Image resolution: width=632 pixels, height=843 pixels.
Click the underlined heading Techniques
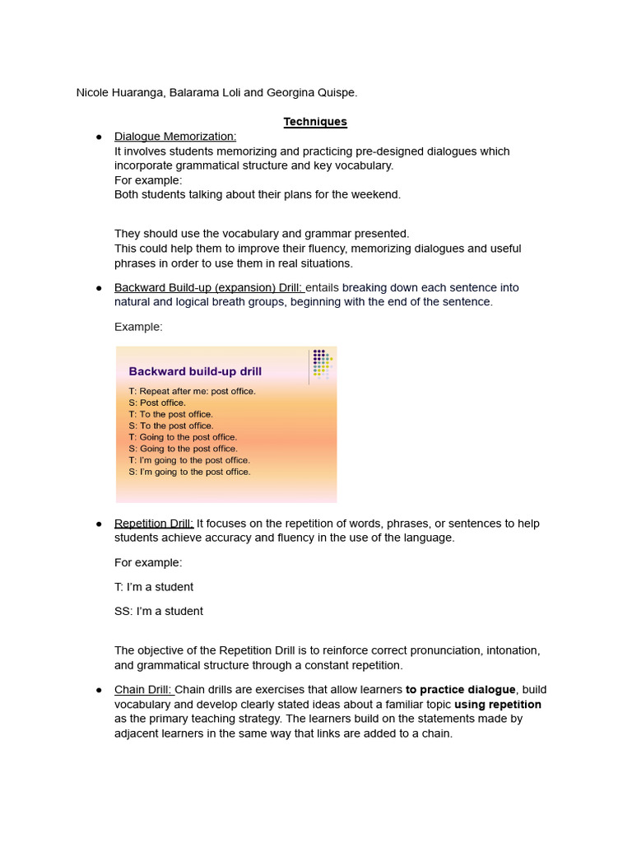(x=315, y=122)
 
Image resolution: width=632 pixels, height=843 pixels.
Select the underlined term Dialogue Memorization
(x=174, y=137)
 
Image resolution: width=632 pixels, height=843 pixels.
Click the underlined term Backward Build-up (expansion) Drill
(x=209, y=287)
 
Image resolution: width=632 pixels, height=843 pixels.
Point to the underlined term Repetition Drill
(x=154, y=524)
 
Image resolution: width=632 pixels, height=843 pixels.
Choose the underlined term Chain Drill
(x=143, y=690)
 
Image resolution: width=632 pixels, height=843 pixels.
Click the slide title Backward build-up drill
(x=195, y=371)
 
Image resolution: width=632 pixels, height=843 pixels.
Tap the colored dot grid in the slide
(x=322, y=363)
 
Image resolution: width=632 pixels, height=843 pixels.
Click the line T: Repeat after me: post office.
(x=192, y=391)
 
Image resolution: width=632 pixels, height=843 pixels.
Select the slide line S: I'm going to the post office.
(x=189, y=472)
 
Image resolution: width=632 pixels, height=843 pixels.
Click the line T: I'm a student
(x=154, y=587)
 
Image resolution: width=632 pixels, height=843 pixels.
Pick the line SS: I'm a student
(x=158, y=611)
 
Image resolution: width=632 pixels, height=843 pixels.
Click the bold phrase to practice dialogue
(x=460, y=690)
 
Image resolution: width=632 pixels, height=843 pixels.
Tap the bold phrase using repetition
(x=497, y=705)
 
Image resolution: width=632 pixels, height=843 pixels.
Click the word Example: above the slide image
(x=138, y=327)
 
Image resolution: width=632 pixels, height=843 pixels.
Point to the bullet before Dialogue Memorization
(x=99, y=137)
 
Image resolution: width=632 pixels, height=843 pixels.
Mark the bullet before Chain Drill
(x=99, y=690)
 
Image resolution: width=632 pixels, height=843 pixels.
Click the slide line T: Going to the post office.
(x=183, y=437)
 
